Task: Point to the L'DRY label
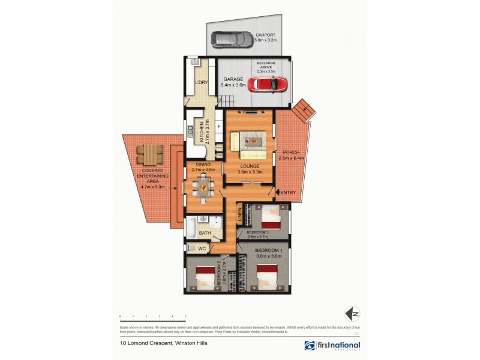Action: coord(200,83)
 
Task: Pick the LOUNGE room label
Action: coord(250,166)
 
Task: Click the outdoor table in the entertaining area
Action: coord(148,155)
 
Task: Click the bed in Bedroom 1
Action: coord(266,277)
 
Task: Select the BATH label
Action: coord(205,233)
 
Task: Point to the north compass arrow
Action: coord(353,313)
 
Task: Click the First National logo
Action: coord(332,346)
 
